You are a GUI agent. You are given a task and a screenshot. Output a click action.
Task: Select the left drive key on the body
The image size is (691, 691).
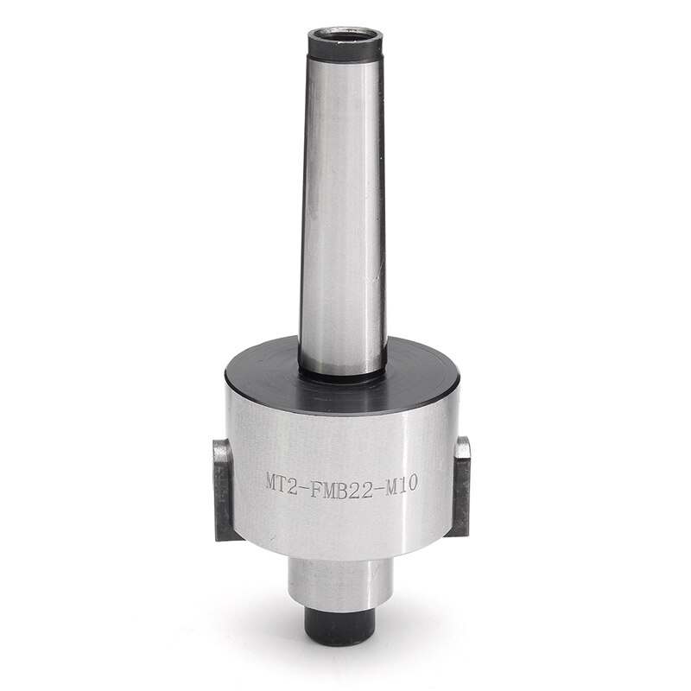click(x=223, y=488)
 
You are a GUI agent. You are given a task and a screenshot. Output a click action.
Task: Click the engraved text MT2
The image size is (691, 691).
click(x=282, y=481)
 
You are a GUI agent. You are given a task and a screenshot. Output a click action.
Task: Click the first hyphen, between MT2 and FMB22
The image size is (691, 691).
click(x=302, y=482)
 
